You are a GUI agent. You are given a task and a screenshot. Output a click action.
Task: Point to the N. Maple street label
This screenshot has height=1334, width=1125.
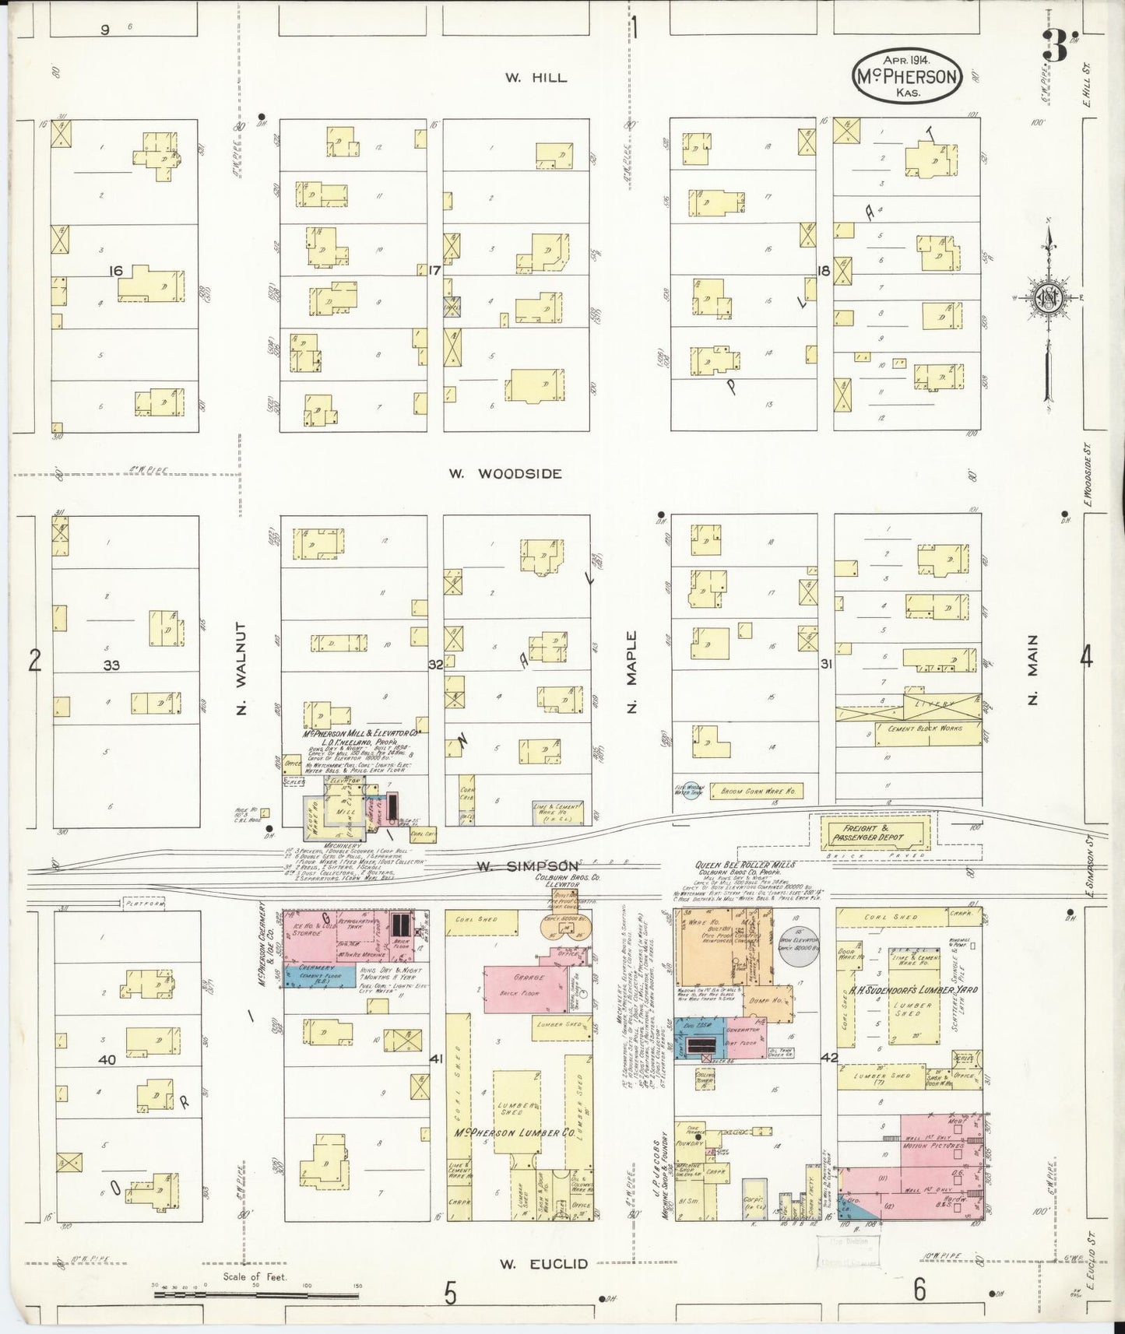point(631,672)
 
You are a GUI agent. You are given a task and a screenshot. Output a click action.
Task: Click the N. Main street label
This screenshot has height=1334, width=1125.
point(1032,669)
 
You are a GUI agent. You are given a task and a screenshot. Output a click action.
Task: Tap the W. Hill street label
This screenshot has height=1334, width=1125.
point(536,77)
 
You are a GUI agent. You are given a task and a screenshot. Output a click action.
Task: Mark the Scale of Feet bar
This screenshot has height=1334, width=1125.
point(257,1294)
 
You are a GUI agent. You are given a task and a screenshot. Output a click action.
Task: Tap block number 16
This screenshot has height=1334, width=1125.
point(116,271)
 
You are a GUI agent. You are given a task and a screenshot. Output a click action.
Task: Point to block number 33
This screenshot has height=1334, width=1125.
point(111,665)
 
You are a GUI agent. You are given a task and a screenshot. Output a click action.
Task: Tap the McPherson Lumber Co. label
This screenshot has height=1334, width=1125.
point(515,1132)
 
